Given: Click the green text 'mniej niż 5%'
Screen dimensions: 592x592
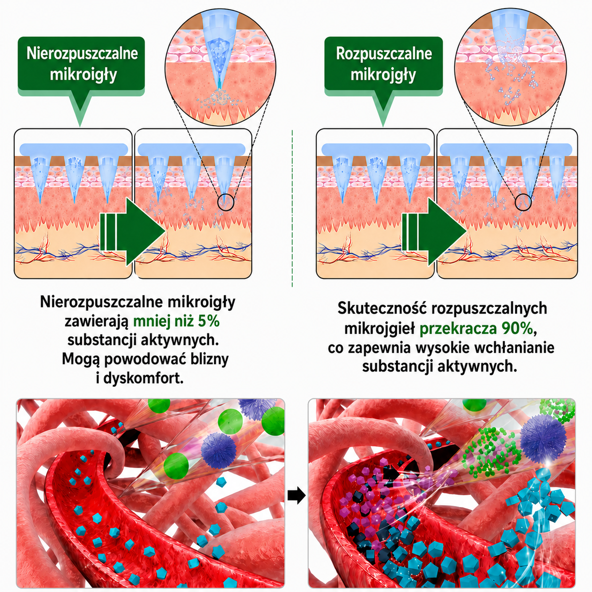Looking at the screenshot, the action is click(177, 321).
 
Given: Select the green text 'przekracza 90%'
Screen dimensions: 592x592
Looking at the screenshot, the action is click(476, 329).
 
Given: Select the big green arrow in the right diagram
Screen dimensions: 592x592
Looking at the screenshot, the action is click(434, 231).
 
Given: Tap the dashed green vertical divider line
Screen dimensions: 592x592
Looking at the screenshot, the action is click(292, 208).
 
